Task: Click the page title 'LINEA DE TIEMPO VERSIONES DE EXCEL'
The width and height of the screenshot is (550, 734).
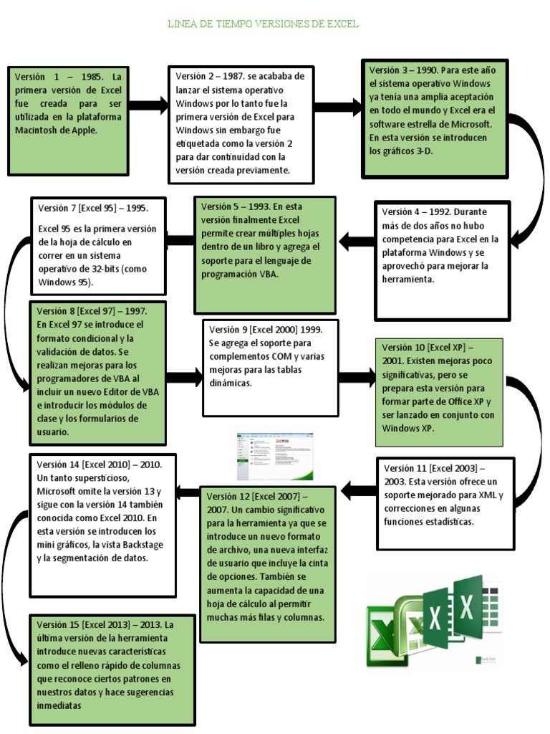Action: point(263,24)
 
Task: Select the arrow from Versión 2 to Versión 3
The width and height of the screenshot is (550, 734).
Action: point(337,108)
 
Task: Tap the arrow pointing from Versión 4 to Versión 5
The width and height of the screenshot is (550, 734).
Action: point(356,242)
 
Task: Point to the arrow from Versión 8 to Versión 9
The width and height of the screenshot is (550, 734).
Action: point(184,375)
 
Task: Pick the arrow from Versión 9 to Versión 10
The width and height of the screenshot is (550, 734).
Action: point(356,377)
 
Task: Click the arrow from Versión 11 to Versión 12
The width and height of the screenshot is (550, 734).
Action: point(359,490)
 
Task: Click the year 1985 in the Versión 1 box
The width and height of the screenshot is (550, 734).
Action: point(91,77)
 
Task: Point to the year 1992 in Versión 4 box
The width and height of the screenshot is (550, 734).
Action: point(437,211)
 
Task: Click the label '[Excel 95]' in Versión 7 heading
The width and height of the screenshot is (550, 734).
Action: point(96,208)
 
